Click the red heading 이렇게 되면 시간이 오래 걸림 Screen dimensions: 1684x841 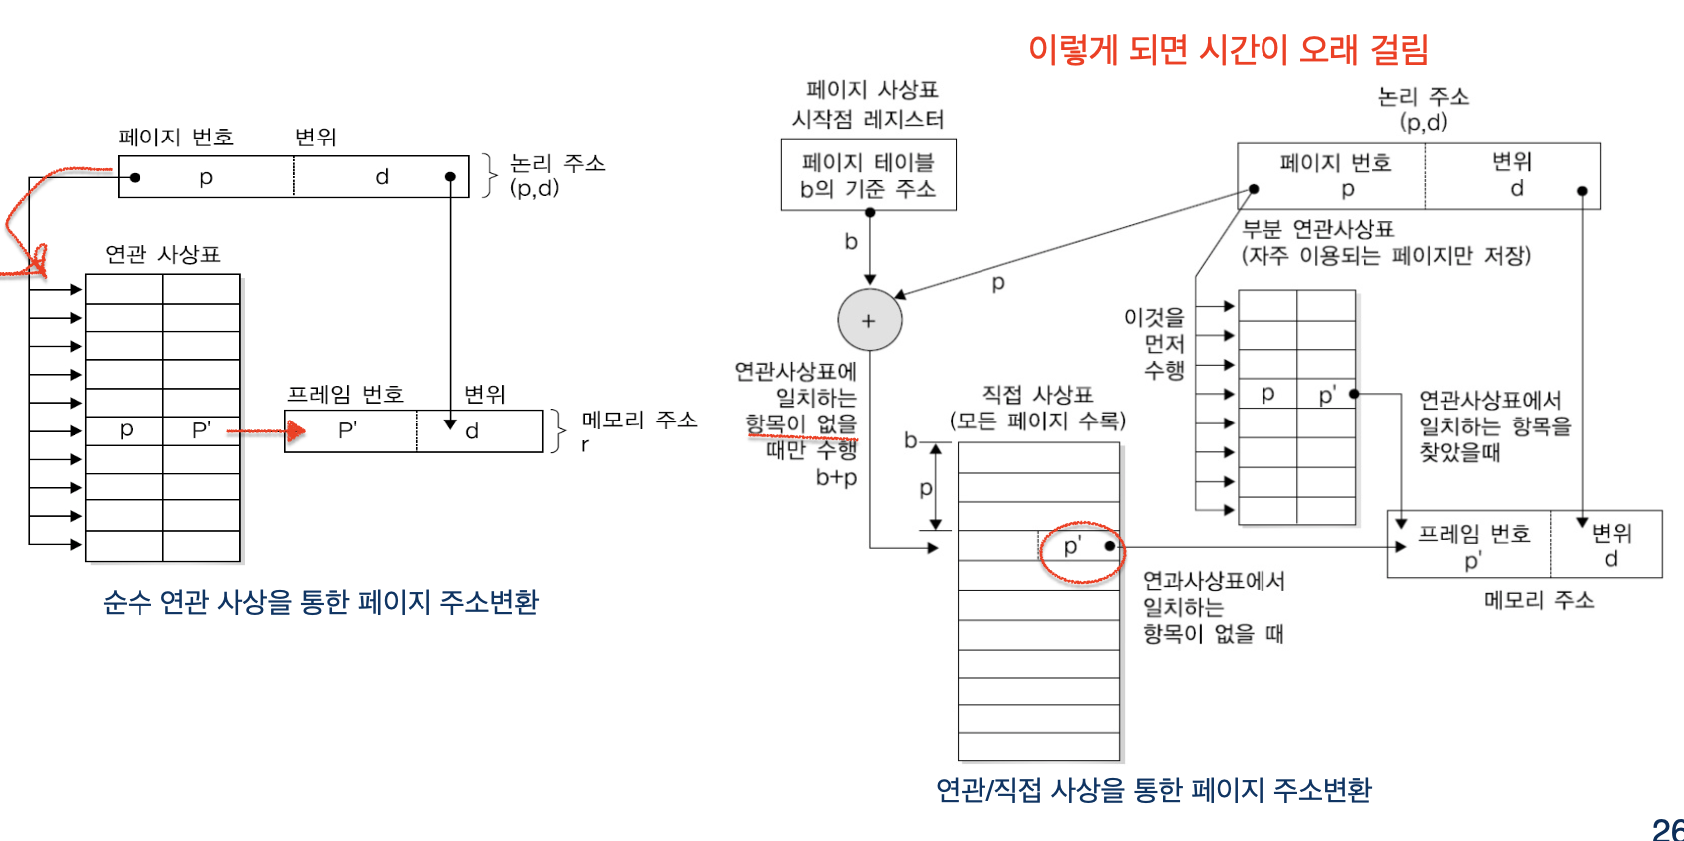pyautogui.click(x=1228, y=49)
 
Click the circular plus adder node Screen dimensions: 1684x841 pyautogui.click(x=869, y=320)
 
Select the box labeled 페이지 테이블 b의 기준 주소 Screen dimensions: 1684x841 pyautogui.click(x=868, y=175)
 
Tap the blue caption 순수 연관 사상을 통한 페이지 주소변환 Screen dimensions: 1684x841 pyautogui.click(x=320, y=602)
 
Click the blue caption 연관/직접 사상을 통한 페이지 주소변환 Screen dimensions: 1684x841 pyautogui.click(x=1153, y=790)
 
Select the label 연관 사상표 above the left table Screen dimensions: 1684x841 pyautogui.click(x=162, y=254)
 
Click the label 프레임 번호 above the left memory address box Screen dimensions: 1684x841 pyautogui.click(x=345, y=395)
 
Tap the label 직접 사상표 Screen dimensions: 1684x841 pyautogui.click(x=1037, y=395)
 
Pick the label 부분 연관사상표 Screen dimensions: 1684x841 pyautogui.click(x=1317, y=229)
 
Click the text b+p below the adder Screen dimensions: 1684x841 pyautogui.click(x=836, y=478)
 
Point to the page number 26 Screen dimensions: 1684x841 pyautogui.click(x=1667, y=829)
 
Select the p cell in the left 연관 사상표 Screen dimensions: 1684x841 pyautogui.click(x=126, y=430)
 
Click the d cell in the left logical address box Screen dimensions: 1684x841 pyautogui.click(x=381, y=177)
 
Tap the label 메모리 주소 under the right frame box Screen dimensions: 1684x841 pyautogui.click(x=1539, y=600)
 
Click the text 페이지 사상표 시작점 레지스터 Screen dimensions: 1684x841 pyautogui.click(x=868, y=104)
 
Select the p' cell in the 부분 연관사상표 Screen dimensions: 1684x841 pyautogui.click(x=1326, y=395)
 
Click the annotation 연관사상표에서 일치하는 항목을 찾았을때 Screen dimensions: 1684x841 pyautogui.click(x=1494, y=426)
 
